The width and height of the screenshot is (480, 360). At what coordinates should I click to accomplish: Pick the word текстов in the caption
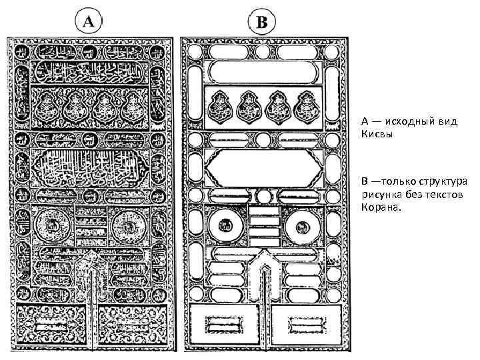click(x=444, y=195)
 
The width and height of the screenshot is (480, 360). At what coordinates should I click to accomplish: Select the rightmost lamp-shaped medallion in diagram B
click(x=307, y=107)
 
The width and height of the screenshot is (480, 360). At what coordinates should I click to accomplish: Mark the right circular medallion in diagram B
click(x=302, y=227)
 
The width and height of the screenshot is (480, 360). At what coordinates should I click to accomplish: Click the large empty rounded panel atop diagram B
click(x=265, y=70)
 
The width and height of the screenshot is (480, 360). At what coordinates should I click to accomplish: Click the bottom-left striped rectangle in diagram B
click(x=223, y=325)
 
